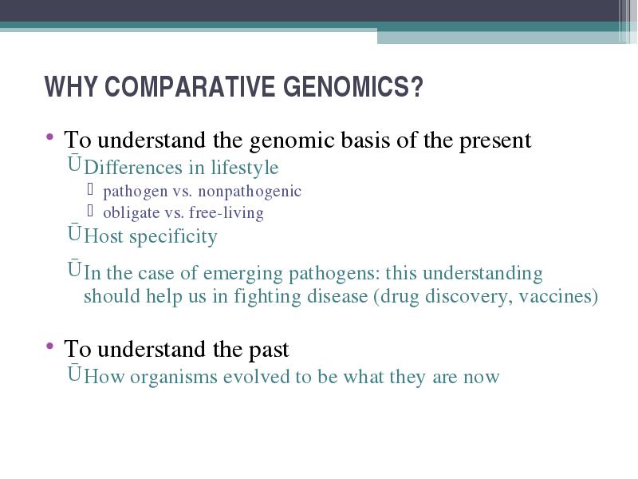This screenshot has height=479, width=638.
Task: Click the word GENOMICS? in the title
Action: point(353,86)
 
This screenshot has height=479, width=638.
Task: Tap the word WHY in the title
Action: point(71,86)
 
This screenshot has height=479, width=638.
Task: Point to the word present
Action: point(495,141)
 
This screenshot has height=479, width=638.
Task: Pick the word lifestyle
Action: point(245,168)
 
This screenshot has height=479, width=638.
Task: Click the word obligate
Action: point(131,213)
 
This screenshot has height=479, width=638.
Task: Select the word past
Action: point(269,350)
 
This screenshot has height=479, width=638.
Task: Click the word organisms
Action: point(174,378)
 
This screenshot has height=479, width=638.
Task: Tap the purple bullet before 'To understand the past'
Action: point(50,346)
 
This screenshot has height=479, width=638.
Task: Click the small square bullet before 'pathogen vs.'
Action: point(90,189)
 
